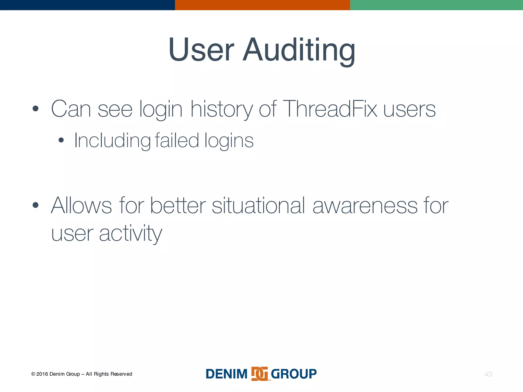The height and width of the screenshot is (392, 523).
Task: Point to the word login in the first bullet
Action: [161, 110]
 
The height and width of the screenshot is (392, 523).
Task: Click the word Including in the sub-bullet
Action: [112, 141]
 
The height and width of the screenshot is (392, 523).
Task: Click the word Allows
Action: [81, 205]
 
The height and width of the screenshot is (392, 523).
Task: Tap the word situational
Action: [258, 205]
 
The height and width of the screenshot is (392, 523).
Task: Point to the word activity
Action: [130, 234]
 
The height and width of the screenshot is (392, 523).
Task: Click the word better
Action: [178, 205]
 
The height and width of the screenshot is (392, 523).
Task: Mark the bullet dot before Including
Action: [61, 140]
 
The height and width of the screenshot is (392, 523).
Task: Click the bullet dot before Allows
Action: [35, 205]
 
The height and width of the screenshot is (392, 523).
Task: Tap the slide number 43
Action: [488, 374]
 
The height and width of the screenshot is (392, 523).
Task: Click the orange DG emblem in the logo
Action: [259, 374]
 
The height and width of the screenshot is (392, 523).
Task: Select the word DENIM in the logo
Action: [227, 374]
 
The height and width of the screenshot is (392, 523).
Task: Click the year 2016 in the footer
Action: [42, 374]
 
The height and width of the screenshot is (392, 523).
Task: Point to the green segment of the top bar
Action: [436, 5]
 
